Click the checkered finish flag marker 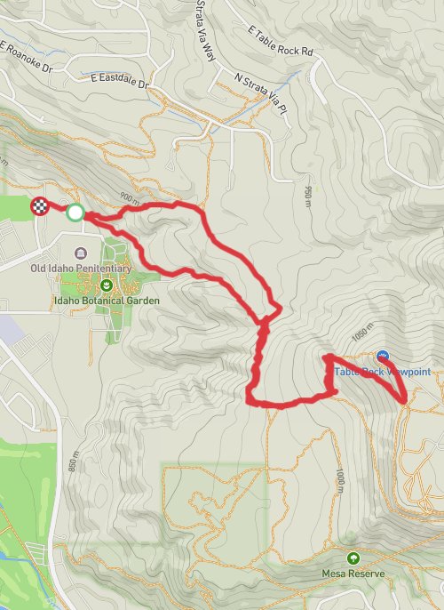tap(40, 207)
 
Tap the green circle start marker tap(75, 213)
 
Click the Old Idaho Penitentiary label tap(81, 268)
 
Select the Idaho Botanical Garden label tap(106, 301)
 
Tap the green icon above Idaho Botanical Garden tap(107, 285)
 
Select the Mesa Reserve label tap(353, 574)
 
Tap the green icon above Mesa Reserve tap(353, 558)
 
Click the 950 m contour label tap(308, 191)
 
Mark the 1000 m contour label tap(340, 478)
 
